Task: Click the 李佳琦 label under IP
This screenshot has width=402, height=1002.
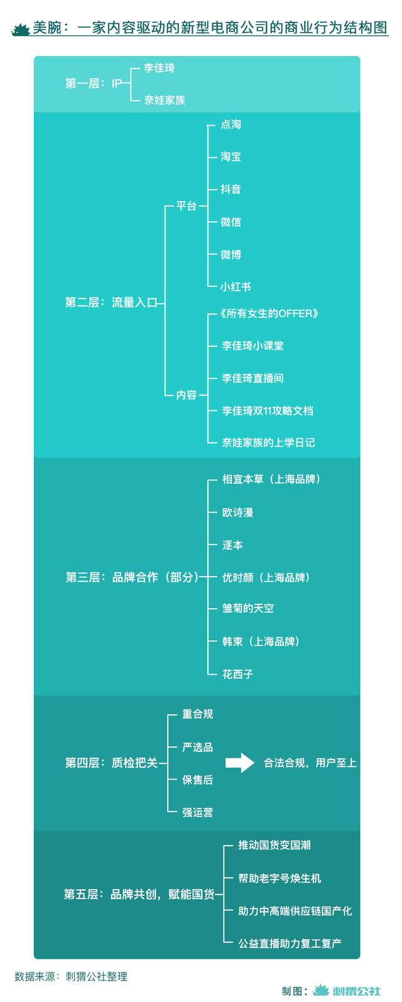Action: [x=159, y=68]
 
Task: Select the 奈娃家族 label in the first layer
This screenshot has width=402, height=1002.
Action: [x=165, y=100]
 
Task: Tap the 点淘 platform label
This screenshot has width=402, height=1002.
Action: [x=231, y=124]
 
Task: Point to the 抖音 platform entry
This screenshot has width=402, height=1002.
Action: [x=231, y=189]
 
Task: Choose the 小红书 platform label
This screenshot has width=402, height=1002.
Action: [x=236, y=286]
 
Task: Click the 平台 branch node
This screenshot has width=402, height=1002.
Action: [x=186, y=206]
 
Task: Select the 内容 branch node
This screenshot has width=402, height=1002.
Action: [x=186, y=395]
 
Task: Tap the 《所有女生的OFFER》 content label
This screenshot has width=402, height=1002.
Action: [x=269, y=313]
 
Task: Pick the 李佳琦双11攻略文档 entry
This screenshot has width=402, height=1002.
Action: [x=268, y=411]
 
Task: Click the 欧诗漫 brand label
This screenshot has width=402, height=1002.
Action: [x=238, y=512]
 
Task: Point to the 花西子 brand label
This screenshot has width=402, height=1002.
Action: [x=238, y=674]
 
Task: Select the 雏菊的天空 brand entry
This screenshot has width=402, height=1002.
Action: [x=248, y=608]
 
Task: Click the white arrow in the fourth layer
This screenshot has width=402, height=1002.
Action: [x=240, y=763]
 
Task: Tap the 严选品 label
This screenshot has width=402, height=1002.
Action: [x=198, y=747]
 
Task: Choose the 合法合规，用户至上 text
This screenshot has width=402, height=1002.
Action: [x=310, y=763]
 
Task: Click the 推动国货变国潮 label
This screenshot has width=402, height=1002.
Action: [x=274, y=845]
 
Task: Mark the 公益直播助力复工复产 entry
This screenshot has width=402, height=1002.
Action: [x=290, y=944]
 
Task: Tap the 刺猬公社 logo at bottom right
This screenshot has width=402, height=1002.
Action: [x=347, y=991]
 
